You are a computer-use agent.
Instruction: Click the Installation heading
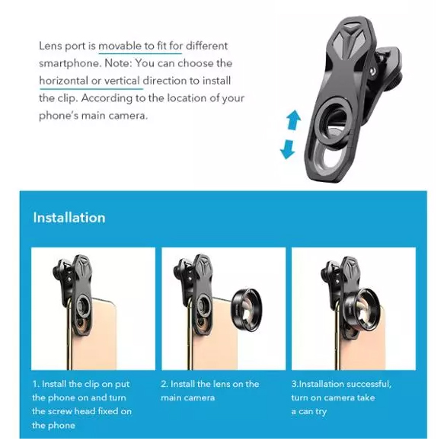pos(69,218)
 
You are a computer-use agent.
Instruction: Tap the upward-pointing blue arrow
pos(294,120)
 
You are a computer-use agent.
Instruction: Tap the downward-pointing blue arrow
pos(287,149)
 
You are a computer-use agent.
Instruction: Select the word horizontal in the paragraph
pos(63,81)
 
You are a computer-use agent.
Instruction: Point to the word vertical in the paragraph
pos(122,81)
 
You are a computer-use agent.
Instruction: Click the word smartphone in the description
pos(70,63)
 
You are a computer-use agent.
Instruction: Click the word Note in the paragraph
pos(118,63)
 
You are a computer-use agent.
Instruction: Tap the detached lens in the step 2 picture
pos(246,310)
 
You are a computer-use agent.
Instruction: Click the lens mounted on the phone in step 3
pos(362,309)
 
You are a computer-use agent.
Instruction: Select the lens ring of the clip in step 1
pos(83,307)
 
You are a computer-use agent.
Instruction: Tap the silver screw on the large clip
pos(372,71)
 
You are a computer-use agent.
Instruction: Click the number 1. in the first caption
pos(36,384)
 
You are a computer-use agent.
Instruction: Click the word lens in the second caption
pos(222,384)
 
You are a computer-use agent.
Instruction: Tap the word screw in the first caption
pos(60,411)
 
